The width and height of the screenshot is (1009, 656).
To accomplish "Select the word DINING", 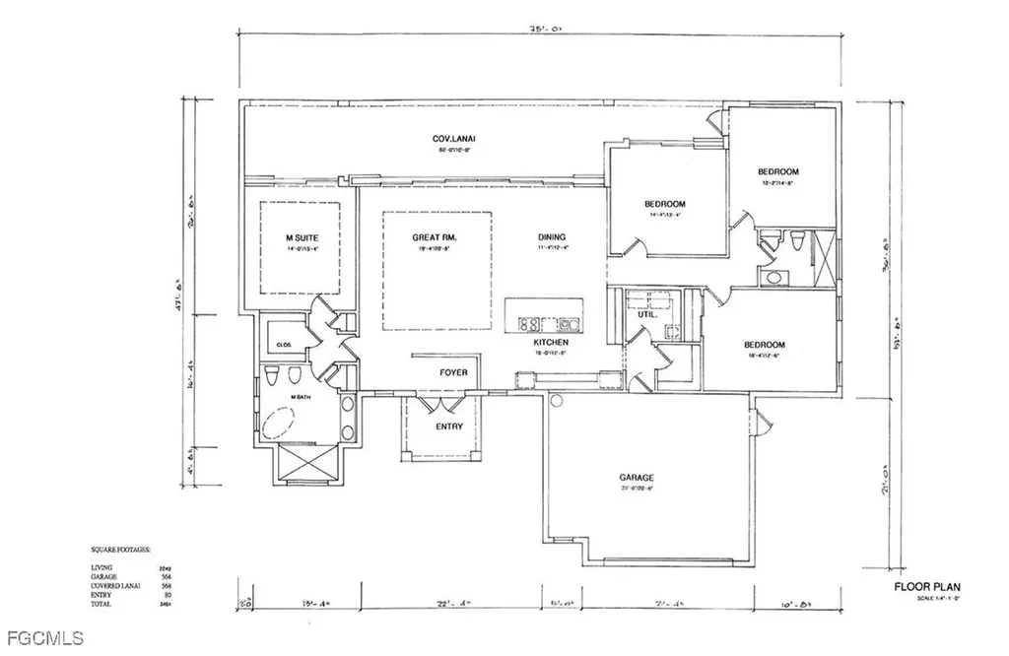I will [x=552, y=237].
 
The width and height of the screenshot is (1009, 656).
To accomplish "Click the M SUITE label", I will [x=302, y=238].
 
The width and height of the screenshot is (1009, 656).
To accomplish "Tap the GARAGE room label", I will [x=638, y=478].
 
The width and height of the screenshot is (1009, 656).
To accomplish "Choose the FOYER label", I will [x=453, y=372].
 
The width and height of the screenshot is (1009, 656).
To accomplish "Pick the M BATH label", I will [x=300, y=397].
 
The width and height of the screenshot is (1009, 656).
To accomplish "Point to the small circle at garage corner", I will [x=555, y=401].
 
